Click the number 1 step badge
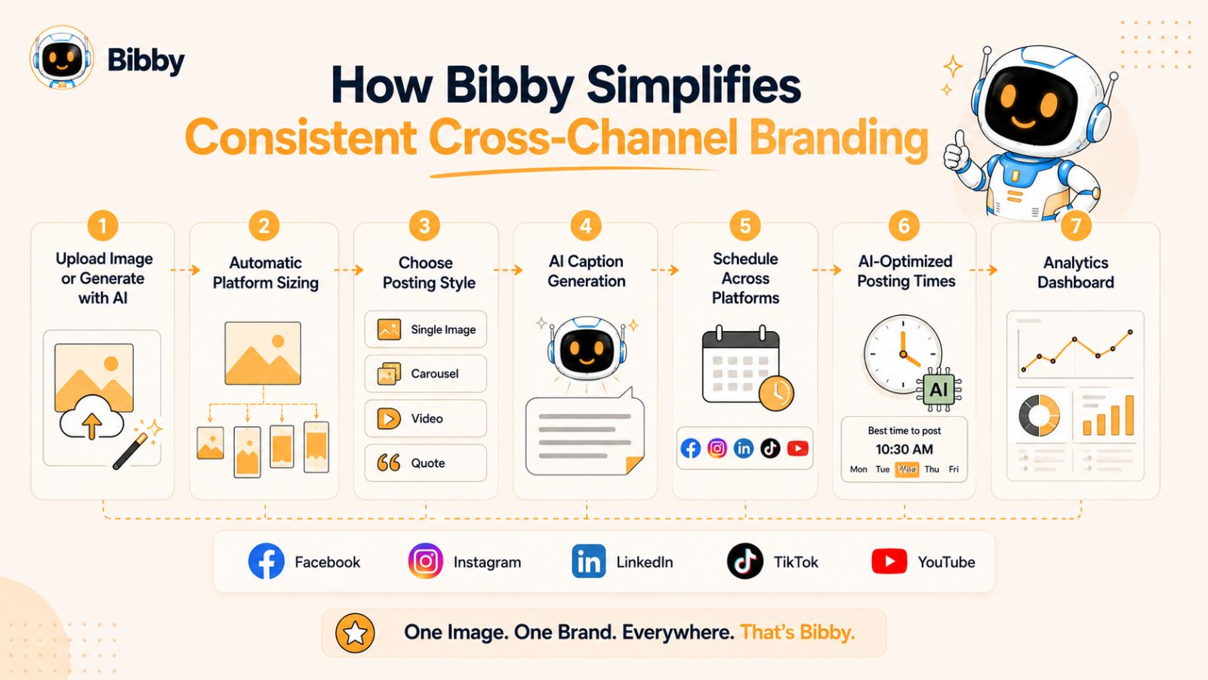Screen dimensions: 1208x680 tap(103, 226)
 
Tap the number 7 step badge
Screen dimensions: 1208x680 tap(1076, 226)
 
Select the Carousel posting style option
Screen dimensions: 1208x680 tap(426, 373)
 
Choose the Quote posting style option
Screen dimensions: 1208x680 tap(426, 462)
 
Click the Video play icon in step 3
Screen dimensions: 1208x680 tap(388, 419)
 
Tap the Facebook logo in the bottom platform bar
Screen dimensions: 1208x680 tap(266, 561)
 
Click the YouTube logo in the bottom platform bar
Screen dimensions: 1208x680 tap(889, 561)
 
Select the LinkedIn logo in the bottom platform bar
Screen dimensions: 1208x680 tap(588, 561)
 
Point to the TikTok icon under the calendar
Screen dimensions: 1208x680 tap(770, 449)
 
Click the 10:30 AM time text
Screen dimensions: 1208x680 tap(904, 449)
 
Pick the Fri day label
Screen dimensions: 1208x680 tap(954, 469)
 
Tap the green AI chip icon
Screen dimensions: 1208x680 tap(938, 390)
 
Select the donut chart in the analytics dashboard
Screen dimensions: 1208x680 tap(1039, 415)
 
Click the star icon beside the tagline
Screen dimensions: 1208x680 tap(355, 633)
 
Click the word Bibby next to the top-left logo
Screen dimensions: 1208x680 tap(146, 60)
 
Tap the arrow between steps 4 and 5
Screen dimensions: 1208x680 tap(664, 269)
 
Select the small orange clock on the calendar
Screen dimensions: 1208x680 tap(776, 393)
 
